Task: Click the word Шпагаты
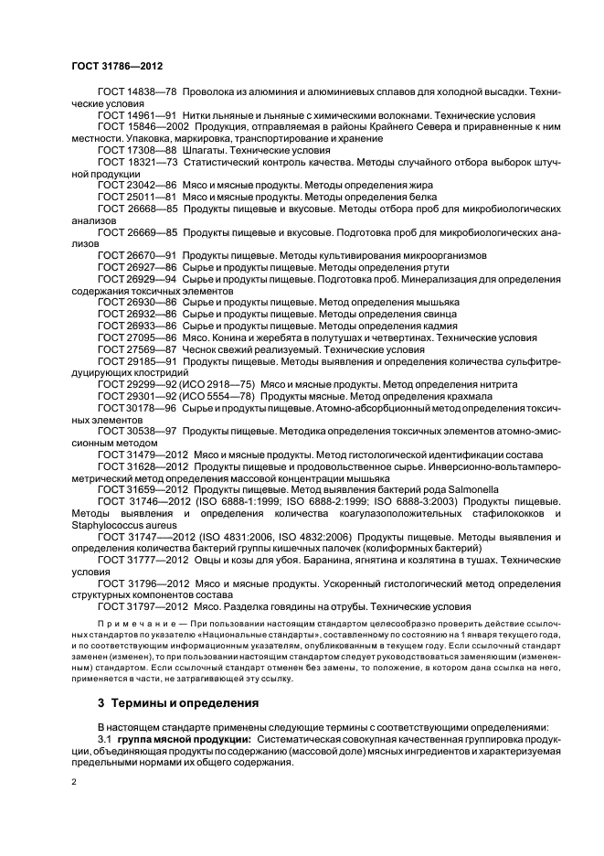click(x=205, y=148)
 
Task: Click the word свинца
click(x=420, y=314)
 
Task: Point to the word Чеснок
click(x=200, y=349)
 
